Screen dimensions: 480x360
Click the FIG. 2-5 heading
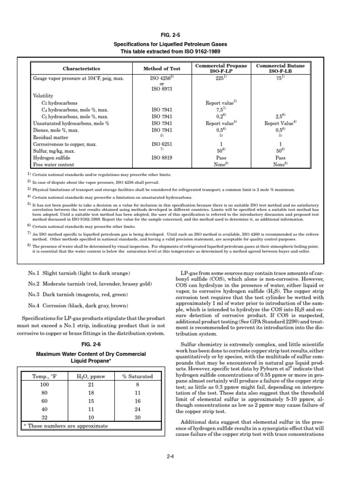(x=180, y=34)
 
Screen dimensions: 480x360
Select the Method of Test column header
(x=161, y=69)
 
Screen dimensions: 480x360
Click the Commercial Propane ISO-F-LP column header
(x=221, y=68)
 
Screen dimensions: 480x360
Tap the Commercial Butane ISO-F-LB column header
(x=280, y=68)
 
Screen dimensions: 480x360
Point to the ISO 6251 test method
(x=161, y=144)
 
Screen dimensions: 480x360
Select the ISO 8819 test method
(x=161, y=158)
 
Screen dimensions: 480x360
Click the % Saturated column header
(x=137, y=376)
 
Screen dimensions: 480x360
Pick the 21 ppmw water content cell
(x=92, y=385)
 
